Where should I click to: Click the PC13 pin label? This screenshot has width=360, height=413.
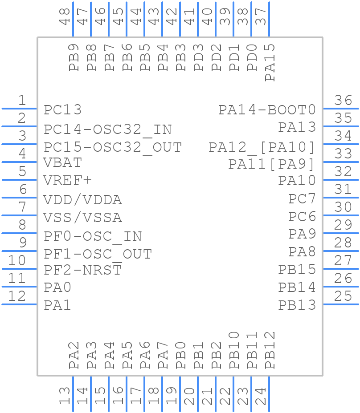coord(63,109)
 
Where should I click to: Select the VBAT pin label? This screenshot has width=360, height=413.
coord(62,162)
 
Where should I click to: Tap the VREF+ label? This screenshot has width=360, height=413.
coord(67,180)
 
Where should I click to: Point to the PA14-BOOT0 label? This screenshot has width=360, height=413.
coord(267,109)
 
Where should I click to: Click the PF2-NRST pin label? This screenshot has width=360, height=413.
coord(83,270)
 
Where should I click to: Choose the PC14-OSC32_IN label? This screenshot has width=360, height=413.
coord(108,130)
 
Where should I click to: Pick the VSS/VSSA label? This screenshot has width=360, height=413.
coord(82,218)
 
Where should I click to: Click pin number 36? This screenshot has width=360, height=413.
coord(344,101)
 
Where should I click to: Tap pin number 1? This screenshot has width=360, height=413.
coord(22,101)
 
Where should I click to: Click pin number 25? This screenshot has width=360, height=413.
coord(344,296)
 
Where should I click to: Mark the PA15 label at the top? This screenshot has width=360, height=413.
coord(270,62)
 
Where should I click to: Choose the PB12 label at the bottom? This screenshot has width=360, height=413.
coord(270,350)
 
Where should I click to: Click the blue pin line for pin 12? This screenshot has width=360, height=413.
coord(20,304)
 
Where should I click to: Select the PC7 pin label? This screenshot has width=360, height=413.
coord(302,198)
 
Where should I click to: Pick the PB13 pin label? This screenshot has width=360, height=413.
coord(297,305)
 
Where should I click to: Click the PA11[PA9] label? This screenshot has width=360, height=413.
coord(272,164)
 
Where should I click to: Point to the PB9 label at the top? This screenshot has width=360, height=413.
coord(74,57)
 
